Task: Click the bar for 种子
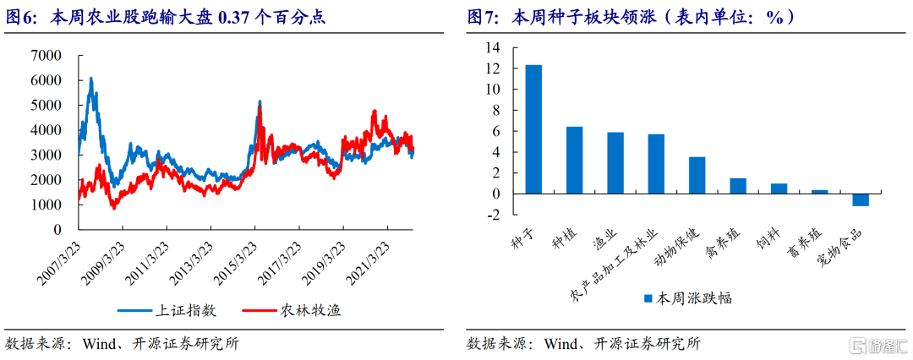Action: tap(533, 129)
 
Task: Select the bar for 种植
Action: tap(574, 161)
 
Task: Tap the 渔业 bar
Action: tap(615, 163)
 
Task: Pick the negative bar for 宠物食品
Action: tap(861, 199)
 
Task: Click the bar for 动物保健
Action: tap(697, 175)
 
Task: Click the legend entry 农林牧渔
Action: tap(292, 310)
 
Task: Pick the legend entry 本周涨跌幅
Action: tap(687, 299)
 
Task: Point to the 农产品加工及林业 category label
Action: tap(615, 265)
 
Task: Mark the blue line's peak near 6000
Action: tap(90, 78)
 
